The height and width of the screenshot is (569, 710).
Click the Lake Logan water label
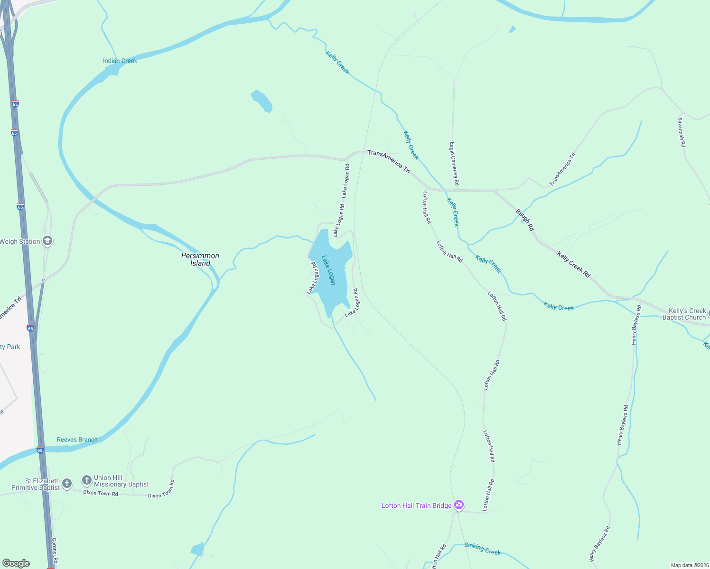point(328,270)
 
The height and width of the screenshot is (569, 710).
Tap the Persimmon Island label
point(200,259)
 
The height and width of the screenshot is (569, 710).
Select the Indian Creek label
point(120,61)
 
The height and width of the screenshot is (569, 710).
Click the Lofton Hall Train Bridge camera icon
point(458,505)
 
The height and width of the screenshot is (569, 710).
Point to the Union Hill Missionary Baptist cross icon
point(86,481)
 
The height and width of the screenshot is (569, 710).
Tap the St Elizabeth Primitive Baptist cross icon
point(67,484)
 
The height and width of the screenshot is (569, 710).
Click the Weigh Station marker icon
point(47,241)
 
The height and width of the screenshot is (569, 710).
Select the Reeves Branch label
point(77,440)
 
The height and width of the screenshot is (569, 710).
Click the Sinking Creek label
point(482,549)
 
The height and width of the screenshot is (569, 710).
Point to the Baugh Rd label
point(525,220)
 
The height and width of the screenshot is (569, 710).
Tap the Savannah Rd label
point(682,132)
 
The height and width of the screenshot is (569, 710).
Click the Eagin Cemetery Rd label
point(454,164)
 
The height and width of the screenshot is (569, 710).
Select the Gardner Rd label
point(55,551)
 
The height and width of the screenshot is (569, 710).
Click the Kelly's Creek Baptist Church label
point(684,314)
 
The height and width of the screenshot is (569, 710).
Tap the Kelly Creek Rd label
point(573,265)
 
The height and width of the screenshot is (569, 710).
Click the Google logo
point(16,563)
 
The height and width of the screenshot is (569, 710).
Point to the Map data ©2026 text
point(689,565)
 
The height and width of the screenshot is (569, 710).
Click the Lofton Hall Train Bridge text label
point(417,505)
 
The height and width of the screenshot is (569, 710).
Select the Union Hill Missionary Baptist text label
point(121,481)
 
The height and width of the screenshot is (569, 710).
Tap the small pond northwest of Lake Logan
point(262,101)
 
